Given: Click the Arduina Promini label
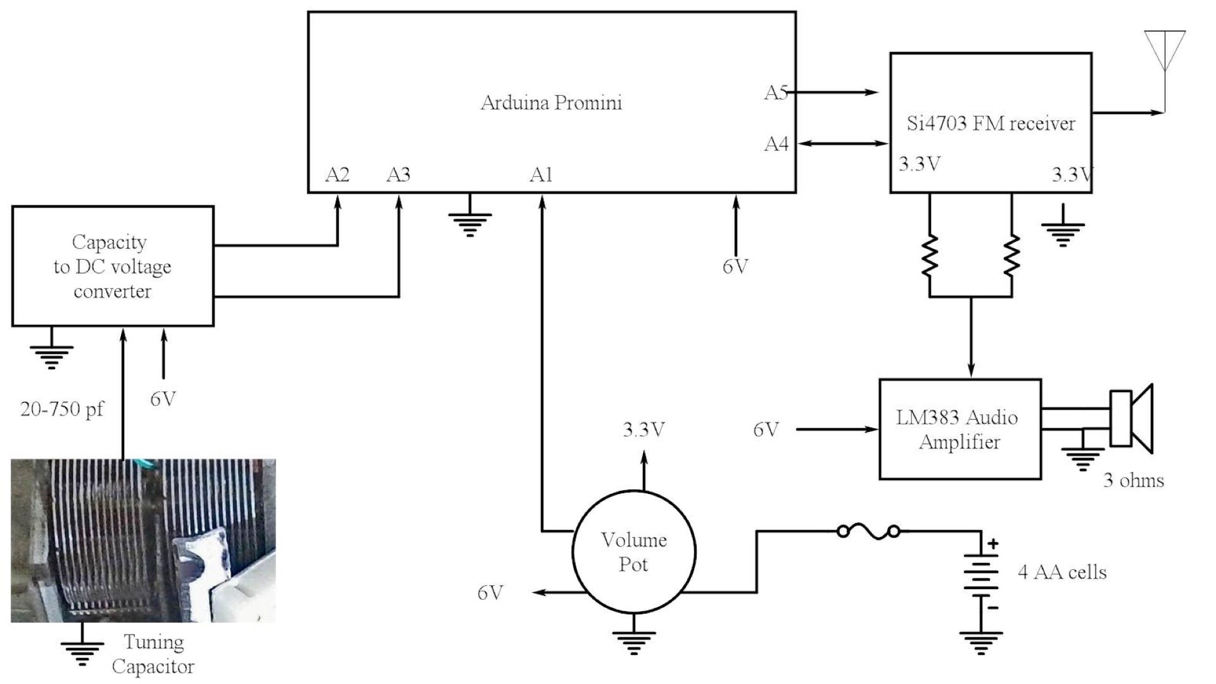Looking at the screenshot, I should (x=551, y=103).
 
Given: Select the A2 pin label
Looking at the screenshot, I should (x=337, y=175).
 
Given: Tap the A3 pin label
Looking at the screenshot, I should (x=398, y=175).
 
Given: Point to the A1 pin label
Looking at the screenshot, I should (x=541, y=175).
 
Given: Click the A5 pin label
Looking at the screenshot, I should (x=776, y=93).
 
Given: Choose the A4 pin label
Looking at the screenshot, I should (x=776, y=144).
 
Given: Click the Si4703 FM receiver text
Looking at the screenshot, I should (x=991, y=123).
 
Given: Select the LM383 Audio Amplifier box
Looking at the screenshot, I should (x=959, y=429).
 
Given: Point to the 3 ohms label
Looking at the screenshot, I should (x=1134, y=480).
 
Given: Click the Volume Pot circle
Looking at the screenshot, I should (x=633, y=552).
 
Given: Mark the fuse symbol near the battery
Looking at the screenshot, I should (x=868, y=531).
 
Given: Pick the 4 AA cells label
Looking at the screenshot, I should (x=1062, y=573).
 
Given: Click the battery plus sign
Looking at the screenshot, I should (x=993, y=543).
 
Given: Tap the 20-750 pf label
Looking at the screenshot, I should (x=62, y=409).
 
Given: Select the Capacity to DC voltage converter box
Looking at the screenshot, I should (x=113, y=266).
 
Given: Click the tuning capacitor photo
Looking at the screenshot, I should (x=143, y=540).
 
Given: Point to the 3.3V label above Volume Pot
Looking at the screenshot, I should (x=643, y=430).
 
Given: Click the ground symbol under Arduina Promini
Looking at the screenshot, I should (x=470, y=222).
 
